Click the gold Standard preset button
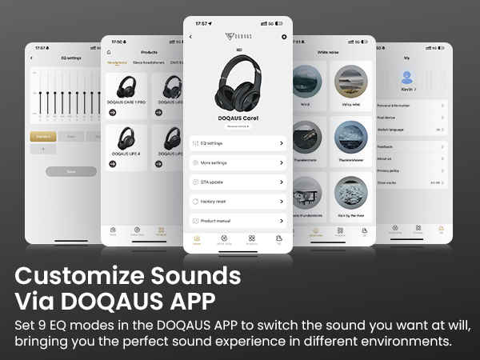(42, 136)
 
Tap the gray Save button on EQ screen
(70, 171)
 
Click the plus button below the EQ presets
(42, 149)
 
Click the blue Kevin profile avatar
(406, 77)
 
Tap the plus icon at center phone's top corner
(284, 37)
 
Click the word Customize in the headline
(72, 276)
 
